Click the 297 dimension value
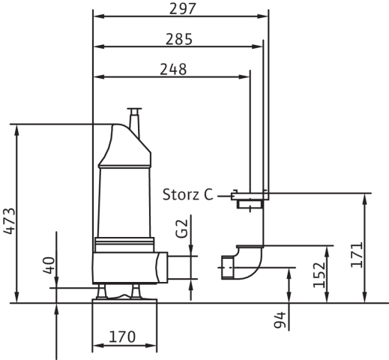[x=183, y=9]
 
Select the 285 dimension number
[x=179, y=39]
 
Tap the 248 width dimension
[x=173, y=69]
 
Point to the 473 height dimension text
[x=9, y=221]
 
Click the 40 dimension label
[x=49, y=265]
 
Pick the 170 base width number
[x=122, y=337]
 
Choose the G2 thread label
[x=181, y=228]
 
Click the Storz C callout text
[x=188, y=194]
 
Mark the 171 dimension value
[x=357, y=255]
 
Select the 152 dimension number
[x=319, y=275]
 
